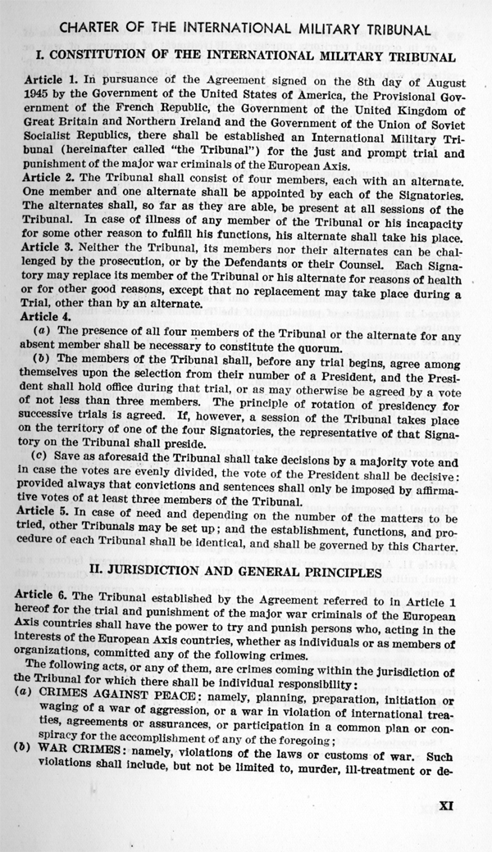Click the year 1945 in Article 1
[39, 97]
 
